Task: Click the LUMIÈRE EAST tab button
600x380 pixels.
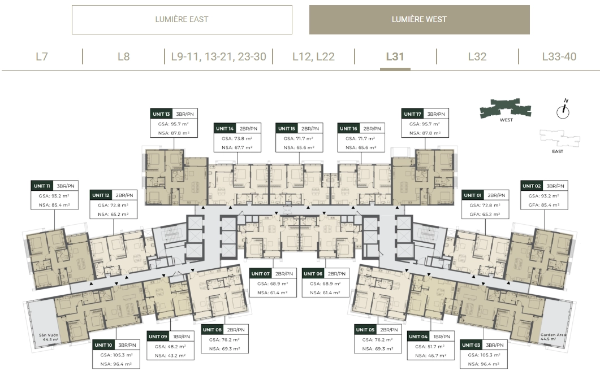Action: point(182,19)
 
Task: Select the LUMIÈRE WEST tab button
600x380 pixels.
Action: point(420,19)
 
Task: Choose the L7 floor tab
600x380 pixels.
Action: point(42,56)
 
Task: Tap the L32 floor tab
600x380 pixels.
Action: point(477,56)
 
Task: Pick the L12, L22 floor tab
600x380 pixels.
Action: point(313,56)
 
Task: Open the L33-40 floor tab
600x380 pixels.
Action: point(559,56)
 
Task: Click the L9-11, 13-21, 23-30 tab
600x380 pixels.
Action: point(218,56)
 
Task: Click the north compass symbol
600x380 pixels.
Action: point(563,109)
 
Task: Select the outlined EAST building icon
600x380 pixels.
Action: point(560,138)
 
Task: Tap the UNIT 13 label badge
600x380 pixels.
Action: point(161,114)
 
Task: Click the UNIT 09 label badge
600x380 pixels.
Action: point(158,337)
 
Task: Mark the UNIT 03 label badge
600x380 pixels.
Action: point(471,345)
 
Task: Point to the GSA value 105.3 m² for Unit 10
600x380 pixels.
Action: point(116,355)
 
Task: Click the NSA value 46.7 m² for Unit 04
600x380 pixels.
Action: point(431,356)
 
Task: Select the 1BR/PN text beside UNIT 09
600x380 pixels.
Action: point(182,337)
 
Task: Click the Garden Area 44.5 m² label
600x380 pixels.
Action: point(553,337)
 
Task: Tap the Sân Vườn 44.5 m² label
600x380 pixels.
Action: point(49,337)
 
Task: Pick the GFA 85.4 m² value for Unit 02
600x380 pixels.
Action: point(544,205)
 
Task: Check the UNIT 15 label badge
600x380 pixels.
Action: point(287,128)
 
